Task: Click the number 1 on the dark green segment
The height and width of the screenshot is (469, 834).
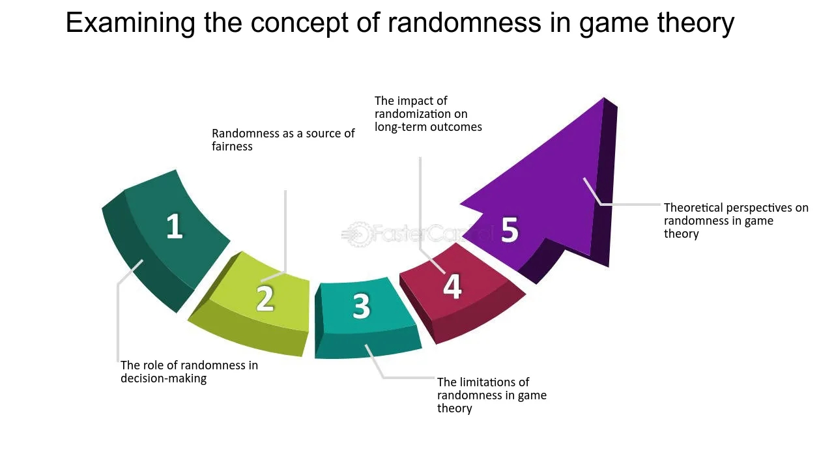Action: [175, 226]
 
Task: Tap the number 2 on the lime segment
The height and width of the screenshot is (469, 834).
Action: [265, 298]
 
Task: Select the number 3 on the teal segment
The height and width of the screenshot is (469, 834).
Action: [361, 306]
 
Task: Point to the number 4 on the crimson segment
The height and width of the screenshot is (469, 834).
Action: [452, 286]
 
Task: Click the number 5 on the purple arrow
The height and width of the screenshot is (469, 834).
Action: [510, 230]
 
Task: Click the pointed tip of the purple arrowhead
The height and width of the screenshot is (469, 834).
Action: [604, 98]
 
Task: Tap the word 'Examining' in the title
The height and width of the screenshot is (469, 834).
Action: [130, 23]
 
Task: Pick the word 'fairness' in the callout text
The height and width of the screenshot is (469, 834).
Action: [232, 147]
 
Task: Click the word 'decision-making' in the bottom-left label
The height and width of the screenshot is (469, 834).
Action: [164, 378]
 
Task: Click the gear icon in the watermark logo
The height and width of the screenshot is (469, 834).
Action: [358, 234]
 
